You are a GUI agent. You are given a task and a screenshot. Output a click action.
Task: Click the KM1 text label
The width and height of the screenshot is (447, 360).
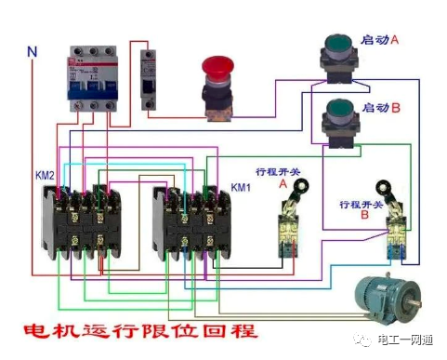point(242,187)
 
